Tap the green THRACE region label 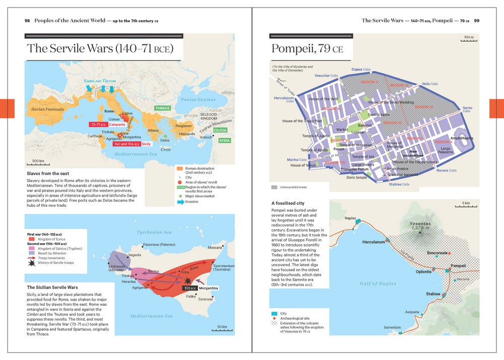tap(162, 108)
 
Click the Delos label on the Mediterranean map tap(165, 140)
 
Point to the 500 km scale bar tap(38, 163)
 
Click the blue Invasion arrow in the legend tap(179, 202)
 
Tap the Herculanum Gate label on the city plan tap(284, 99)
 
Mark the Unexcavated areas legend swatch tap(274, 187)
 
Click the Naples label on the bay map tap(350, 218)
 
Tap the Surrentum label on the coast tap(392, 328)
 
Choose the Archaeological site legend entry tap(274, 319)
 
